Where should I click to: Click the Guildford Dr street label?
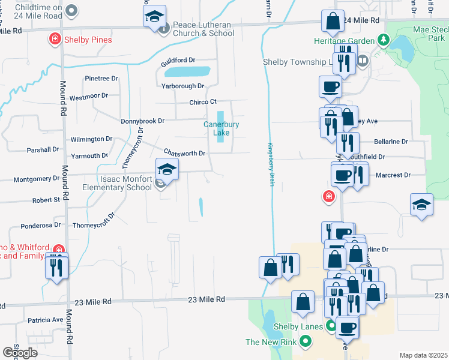[x=178, y=61]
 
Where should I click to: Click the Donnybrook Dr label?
[x=142, y=121]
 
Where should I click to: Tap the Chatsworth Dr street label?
[x=184, y=153]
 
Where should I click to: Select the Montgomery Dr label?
[x=37, y=179]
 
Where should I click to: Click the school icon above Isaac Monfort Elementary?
[x=167, y=170]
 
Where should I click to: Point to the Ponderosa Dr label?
[x=40, y=226]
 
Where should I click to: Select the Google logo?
[x=20, y=353]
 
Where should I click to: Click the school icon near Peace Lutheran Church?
[x=155, y=16]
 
